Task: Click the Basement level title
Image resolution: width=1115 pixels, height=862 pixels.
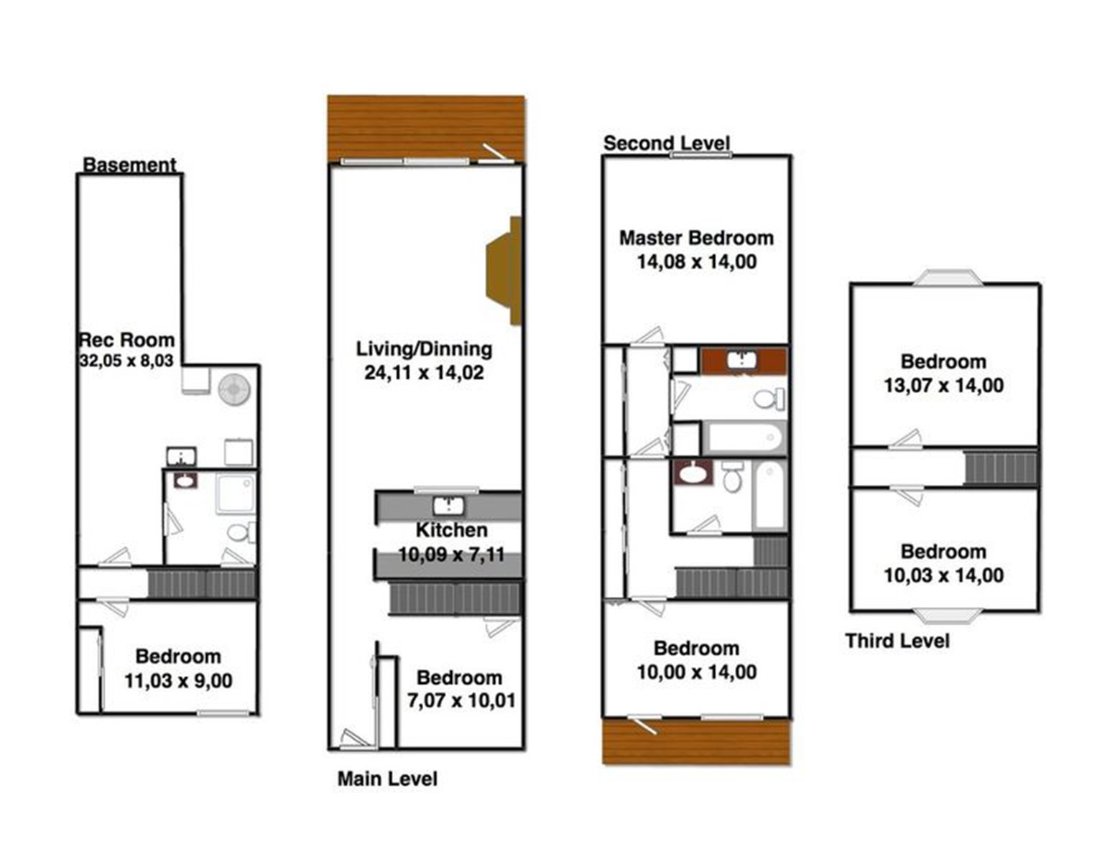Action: click(x=129, y=164)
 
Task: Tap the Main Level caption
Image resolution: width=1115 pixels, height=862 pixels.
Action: click(x=387, y=779)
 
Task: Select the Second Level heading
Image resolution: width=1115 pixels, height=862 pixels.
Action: click(x=666, y=143)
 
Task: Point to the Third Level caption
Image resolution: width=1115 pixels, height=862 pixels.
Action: click(x=897, y=641)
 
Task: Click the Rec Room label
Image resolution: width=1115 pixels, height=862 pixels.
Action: click(x=126, y=340)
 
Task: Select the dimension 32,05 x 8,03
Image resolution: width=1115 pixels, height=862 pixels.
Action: click(x=126, y=361)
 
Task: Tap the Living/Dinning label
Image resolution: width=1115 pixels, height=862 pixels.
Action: click(x=424, y=349)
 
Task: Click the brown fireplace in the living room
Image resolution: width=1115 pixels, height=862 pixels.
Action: click(x=505, y=271)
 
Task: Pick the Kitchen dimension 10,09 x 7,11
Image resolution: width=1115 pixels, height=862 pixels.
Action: click(x=451, y=555)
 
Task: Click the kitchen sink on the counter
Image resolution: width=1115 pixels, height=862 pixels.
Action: click(x=449, y=506)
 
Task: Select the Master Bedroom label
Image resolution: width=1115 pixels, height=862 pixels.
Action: click(x=696, y=238)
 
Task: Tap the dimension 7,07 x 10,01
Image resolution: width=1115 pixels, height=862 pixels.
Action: click(x=461, y=700)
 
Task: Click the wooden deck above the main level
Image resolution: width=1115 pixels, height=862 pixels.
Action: click(x=425, y=126)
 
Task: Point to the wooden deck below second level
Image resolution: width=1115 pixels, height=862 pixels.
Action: click(x=696, y=741)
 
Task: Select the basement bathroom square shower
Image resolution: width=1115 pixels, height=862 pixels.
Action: click(x=236, y=492)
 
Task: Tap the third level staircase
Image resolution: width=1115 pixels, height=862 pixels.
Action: click(x=1001, y=468)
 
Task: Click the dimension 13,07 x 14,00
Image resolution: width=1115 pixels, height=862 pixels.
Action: click(x=943, y=386)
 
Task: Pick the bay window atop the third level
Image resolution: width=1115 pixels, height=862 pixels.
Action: click(x=945, y=277)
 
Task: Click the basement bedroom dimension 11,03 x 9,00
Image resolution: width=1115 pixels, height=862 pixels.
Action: click(x=178, y=680)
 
